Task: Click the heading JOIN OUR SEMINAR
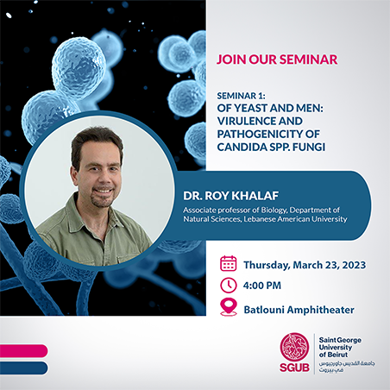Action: [277, 60]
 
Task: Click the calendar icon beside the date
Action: [229, 263]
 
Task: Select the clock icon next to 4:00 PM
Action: [229, 286]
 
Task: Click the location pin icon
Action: [229, 307]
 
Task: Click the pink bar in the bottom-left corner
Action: [22, 350]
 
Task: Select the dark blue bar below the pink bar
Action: [22, 368]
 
